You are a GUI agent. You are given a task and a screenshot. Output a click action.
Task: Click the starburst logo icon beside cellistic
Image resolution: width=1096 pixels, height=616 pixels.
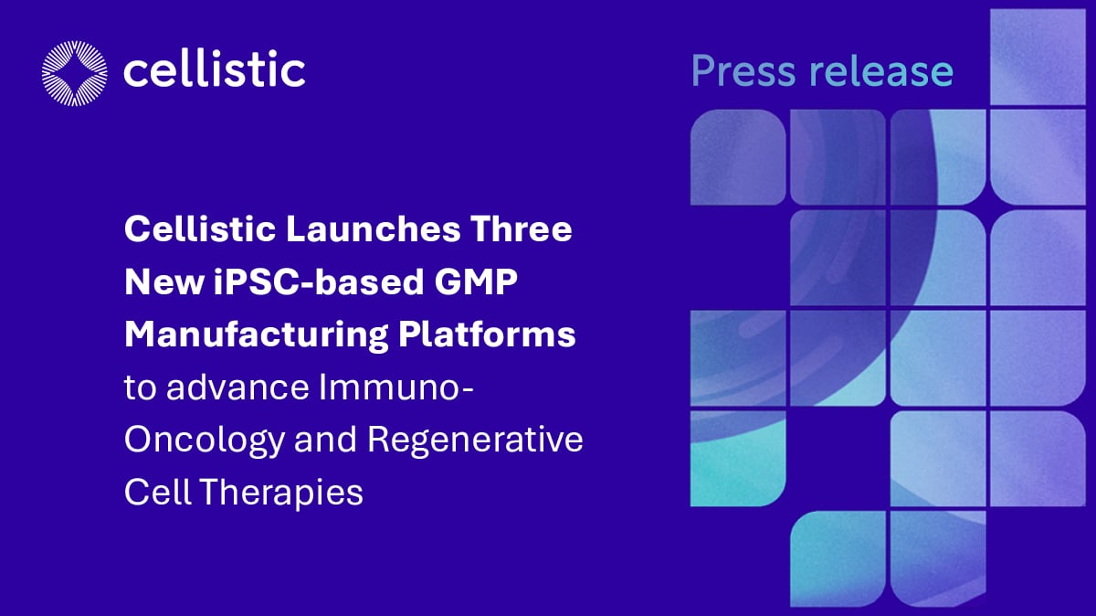click(74, 71)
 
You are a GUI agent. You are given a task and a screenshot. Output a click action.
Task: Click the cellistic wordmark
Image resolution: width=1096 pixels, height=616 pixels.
click(214, 69)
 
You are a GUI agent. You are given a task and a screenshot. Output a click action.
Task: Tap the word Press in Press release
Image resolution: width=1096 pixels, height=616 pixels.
click(743, 70)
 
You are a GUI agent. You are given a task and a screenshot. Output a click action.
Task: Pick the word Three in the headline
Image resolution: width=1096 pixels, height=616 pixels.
click(522, 229)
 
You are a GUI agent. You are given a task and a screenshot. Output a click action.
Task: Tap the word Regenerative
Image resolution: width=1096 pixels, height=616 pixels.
click(475, 441)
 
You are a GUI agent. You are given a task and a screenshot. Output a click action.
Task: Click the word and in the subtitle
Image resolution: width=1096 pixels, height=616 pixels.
click(326, 441)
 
